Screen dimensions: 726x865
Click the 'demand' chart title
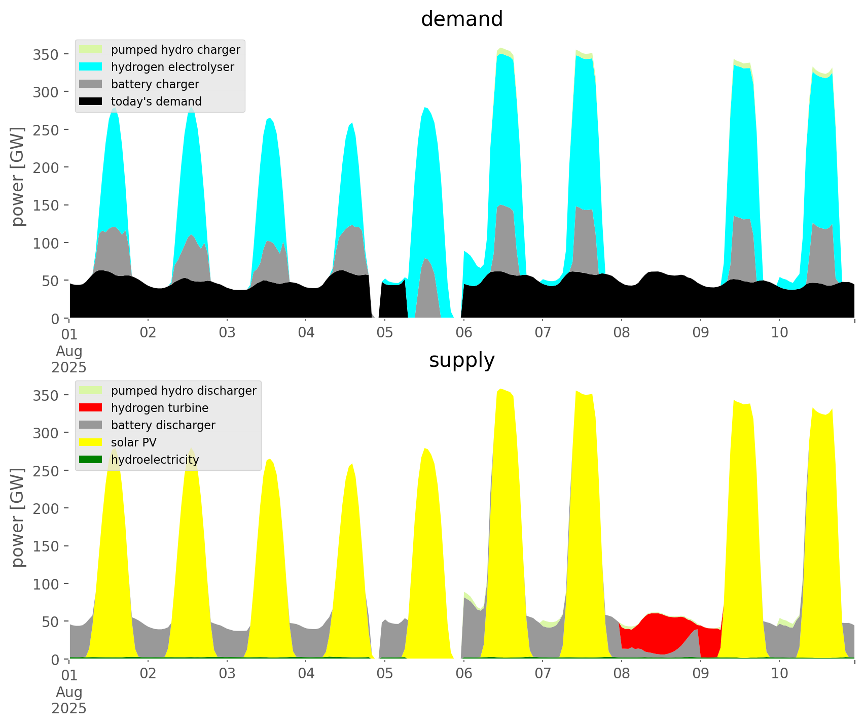[x=461, y=19]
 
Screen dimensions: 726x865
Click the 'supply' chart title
[x=461, y=360]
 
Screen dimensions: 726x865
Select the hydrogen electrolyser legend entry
[x=172, y=67]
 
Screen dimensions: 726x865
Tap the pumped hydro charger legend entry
[x=175, y=50]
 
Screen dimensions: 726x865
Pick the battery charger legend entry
[x=155, y=84]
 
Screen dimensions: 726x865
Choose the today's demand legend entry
[x=156, y=101]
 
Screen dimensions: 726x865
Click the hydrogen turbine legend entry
[x=160, y=408]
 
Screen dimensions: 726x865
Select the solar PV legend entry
[x=134, y=442]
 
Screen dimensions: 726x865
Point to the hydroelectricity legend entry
[x=155, y=460]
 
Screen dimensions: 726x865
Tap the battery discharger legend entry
[x=163, y=425]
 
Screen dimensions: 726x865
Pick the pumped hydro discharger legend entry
[x=184, y=391]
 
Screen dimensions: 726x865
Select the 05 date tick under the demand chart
[x=385, y=333]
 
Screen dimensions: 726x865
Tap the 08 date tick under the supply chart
[x=622, y=674]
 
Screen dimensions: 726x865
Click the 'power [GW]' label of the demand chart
[x=18, y=177]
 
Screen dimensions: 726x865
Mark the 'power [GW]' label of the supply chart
[x=18, y=517]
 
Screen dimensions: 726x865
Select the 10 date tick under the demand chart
[x=780, y=333]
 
